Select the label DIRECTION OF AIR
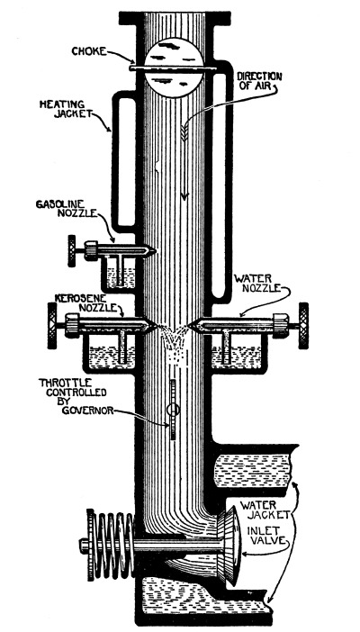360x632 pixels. [259, 81]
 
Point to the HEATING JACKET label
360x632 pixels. [66, 108]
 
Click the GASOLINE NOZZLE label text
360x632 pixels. [67, 208]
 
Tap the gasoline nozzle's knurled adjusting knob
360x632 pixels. [72, 250]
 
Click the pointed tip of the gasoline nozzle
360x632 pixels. [154, 252]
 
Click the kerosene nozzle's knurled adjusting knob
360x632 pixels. [52, 326]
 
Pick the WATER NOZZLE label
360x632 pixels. [258, 284]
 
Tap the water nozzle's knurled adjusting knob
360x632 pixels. [303, 326]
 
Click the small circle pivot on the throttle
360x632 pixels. [173, 410]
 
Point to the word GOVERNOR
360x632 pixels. [87, 412]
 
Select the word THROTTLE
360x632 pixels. [66, 383]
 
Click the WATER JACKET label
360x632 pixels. [265, 510]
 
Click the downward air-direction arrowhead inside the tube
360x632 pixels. [184, 195]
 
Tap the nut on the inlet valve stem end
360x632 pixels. [84, 546]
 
